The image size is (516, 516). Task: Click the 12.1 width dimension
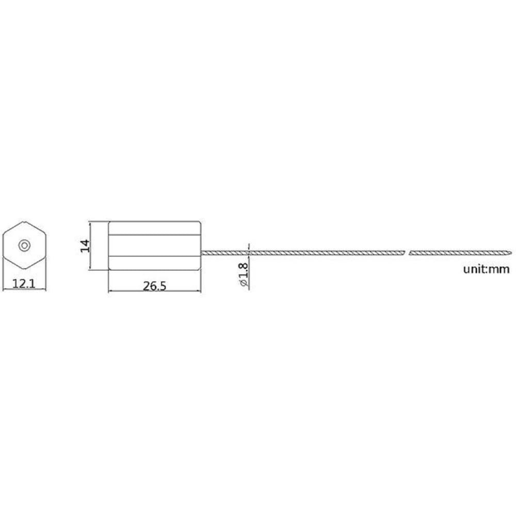click(x=24, y=283)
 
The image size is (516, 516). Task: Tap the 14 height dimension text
click(x=85, y=246)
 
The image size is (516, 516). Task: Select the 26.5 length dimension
click(x=154, y=286)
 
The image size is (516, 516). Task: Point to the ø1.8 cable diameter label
click(x=244, y=274)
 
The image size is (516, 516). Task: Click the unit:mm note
click(x=486, y=269)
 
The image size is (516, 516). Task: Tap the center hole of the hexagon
click(x=24, y=245)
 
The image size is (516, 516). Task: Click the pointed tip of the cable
click(x=512, y=253)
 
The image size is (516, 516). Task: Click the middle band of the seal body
click(x=154, y=246)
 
